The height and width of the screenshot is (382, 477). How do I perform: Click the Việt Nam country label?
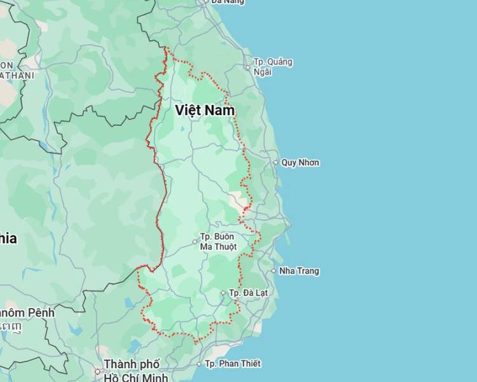pos(205,110)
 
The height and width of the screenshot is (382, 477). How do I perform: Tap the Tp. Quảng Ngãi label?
pos(273,66)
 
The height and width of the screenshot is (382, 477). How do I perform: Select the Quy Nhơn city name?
pos(300,162)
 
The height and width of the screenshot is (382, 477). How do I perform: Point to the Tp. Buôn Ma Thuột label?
pos(218,241)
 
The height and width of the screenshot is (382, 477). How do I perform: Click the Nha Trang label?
pos(299,271)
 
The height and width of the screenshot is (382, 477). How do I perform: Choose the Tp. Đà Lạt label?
pos(249,293)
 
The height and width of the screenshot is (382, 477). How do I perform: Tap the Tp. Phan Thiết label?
pos(233,364)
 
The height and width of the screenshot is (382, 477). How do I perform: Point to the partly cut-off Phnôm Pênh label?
pos(27,313)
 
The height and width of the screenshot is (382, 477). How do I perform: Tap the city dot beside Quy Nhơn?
pos(275,162)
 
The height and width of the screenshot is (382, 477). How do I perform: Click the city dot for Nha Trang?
pos(274,271)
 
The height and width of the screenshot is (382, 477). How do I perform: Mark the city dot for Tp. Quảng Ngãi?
pos(248,67)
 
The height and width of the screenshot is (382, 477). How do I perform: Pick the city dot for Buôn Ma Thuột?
pos(195,241)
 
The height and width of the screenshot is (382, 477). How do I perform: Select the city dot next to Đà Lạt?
pos(223,293)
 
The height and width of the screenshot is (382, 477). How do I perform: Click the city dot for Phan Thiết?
pos(199,364)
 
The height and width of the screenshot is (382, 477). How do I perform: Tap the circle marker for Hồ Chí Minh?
pos(98,371)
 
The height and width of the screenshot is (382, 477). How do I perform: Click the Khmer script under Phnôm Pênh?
pos(10,327)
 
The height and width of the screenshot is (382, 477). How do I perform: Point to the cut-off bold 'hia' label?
pos(8,239)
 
